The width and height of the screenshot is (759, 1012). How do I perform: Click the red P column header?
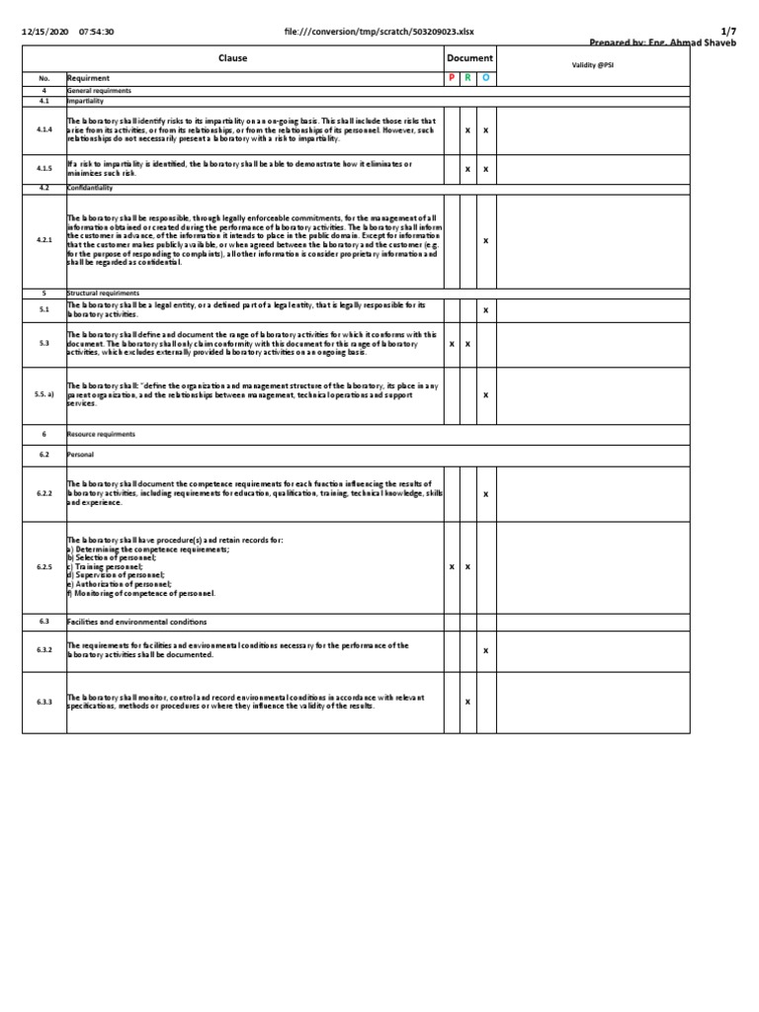(452, 77)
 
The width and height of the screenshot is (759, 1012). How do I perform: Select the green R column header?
(467, 77)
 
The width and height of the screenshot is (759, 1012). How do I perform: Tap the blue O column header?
(484, 77)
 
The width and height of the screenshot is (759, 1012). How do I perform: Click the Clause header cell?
(233, 58)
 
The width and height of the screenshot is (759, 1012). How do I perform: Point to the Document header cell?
(468, 58)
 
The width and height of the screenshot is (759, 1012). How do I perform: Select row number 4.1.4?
(43, 130)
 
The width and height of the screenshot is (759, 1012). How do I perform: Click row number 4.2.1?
(43, 240)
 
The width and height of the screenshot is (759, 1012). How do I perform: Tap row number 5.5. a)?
(43, 394)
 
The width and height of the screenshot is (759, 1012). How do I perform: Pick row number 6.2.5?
(43, 567)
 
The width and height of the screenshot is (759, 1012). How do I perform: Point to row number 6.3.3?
(43, 702)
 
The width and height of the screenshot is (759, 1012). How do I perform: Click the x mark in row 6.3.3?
(467, 702)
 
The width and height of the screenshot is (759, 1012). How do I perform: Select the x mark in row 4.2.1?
(484, 240)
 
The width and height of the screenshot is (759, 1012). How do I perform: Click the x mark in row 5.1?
(484, 310)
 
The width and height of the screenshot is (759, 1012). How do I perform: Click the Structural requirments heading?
(103, 294)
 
